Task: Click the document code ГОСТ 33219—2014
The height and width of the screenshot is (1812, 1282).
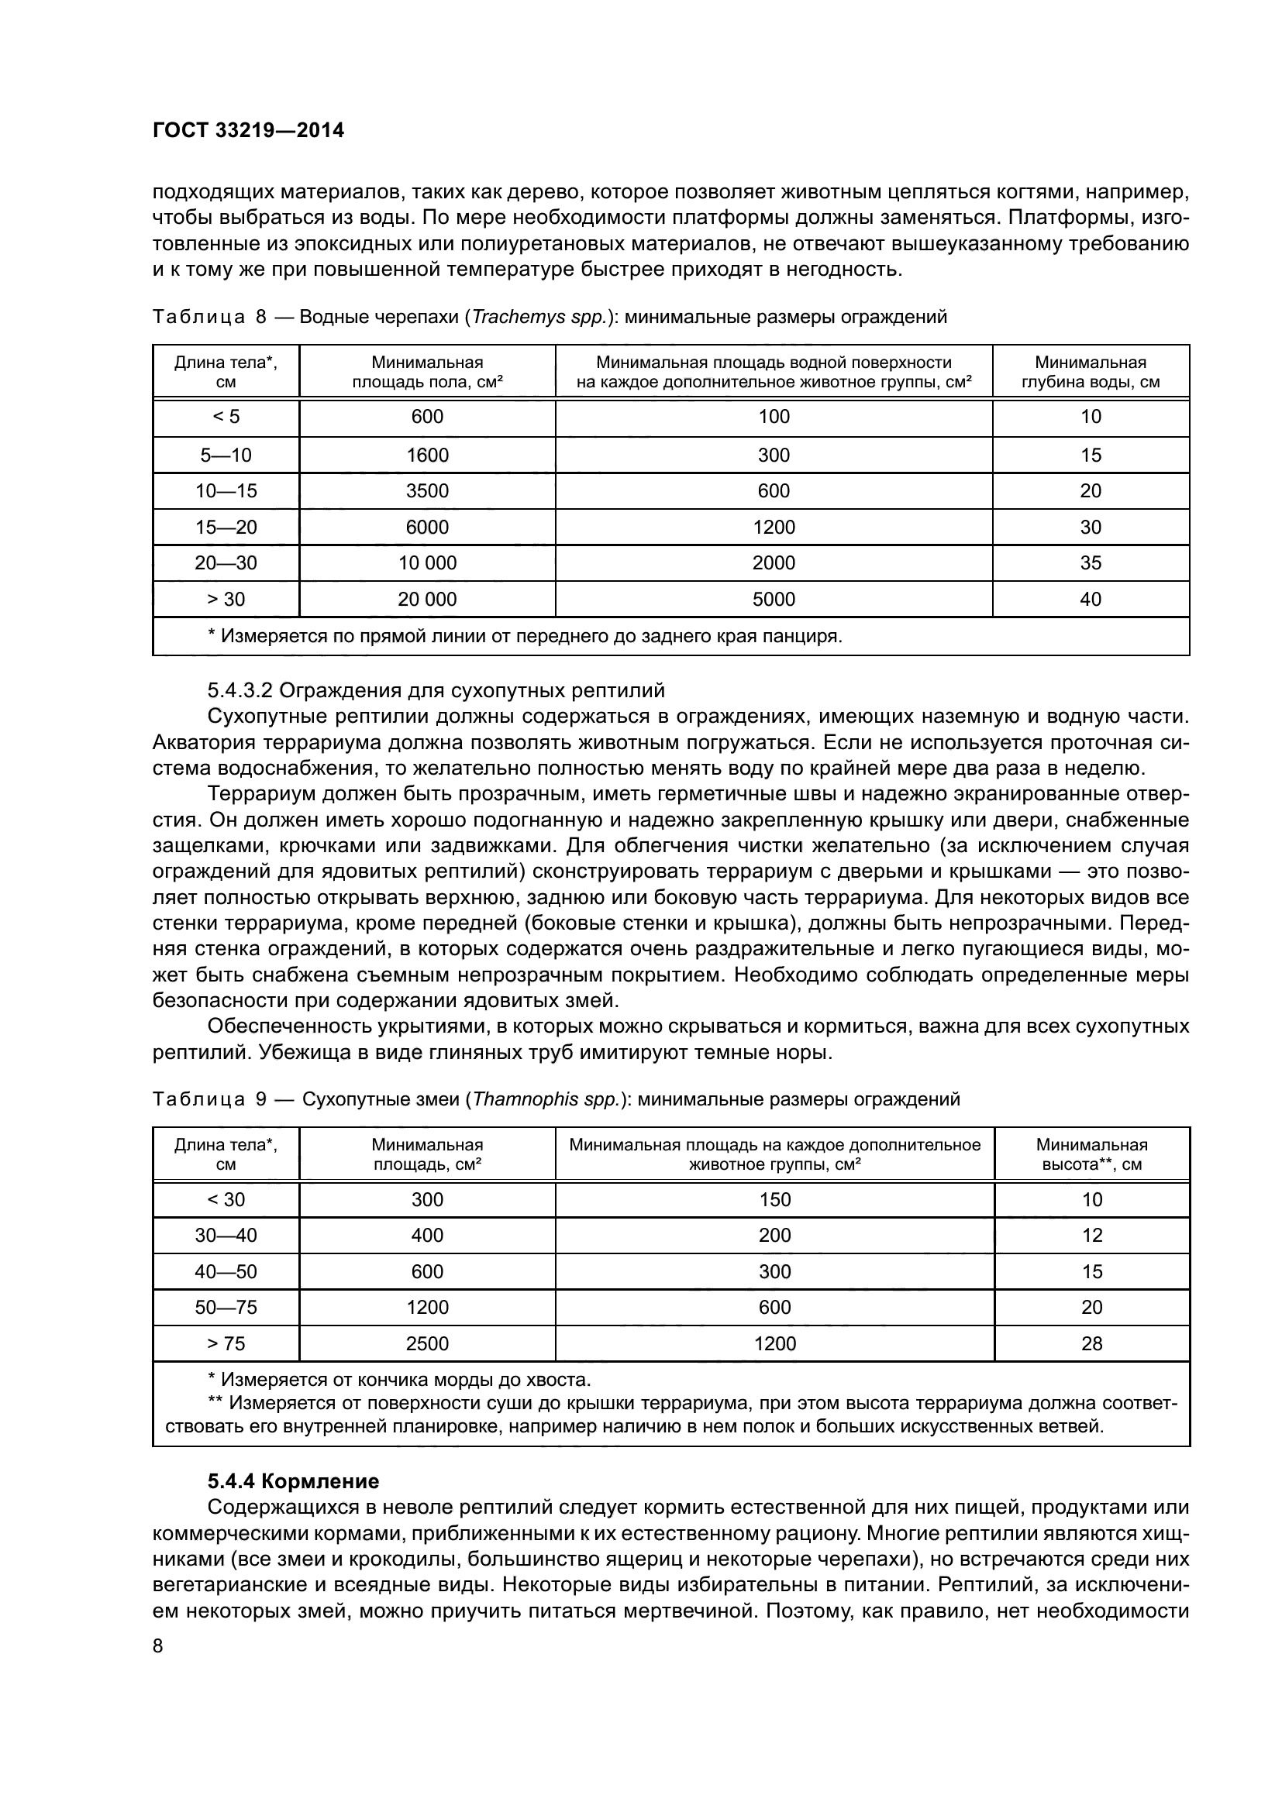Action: [x=248, y=130]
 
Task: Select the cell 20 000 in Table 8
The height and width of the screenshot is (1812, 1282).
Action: [x=427, y=599]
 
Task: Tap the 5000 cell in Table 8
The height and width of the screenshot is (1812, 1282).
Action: [x=774, y=599]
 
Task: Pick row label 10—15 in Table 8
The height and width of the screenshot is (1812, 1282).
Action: [x=226, y=491]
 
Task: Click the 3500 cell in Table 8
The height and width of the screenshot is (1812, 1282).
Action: [x=427, y=491]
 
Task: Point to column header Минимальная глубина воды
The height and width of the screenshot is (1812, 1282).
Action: [x=1091, y=372]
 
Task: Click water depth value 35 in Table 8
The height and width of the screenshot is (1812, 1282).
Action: [x=1091, y=562]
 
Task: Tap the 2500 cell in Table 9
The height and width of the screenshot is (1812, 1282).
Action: [x=427, y=1343]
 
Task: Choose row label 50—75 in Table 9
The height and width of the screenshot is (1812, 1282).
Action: [x=226, y=1307]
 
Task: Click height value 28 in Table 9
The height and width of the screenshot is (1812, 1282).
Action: [x=1091, y=1343]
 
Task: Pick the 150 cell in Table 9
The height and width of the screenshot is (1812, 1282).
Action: [x=774, y=1199]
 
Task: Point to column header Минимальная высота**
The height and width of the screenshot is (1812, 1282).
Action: [x=1091, y=1154]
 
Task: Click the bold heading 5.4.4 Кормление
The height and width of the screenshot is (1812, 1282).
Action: [x=293, y=1481]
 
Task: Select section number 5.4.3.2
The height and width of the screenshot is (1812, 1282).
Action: [x=240, y=690]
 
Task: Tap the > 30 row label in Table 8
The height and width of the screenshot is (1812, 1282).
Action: [x=226, y=599]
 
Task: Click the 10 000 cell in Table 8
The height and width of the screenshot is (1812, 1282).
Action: [x=427, y=562]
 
